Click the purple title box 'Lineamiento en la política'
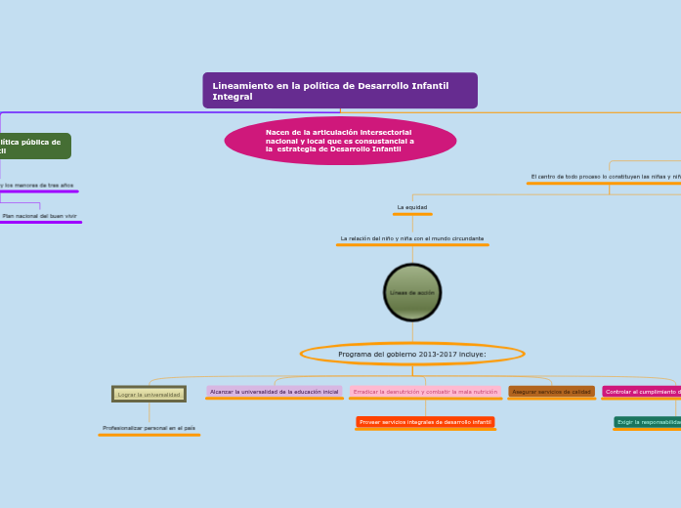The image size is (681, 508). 339,90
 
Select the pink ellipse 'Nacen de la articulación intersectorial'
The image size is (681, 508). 340,141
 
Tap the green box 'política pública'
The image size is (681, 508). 33,146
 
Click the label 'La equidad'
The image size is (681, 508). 412,207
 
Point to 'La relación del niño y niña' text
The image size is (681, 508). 411,238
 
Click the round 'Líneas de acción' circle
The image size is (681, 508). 412,292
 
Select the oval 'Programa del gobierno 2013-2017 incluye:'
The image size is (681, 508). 411,354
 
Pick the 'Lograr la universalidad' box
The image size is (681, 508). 149,395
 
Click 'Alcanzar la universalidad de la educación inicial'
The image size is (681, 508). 274,392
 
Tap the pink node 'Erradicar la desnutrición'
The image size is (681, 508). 425,392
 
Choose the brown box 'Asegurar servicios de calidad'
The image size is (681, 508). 551,392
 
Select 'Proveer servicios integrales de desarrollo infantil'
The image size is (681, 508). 425,422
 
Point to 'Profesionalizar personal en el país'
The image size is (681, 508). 149,428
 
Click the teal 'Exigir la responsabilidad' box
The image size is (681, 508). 648,422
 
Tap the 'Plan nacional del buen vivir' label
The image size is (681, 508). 39,216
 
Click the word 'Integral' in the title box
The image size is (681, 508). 233,97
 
